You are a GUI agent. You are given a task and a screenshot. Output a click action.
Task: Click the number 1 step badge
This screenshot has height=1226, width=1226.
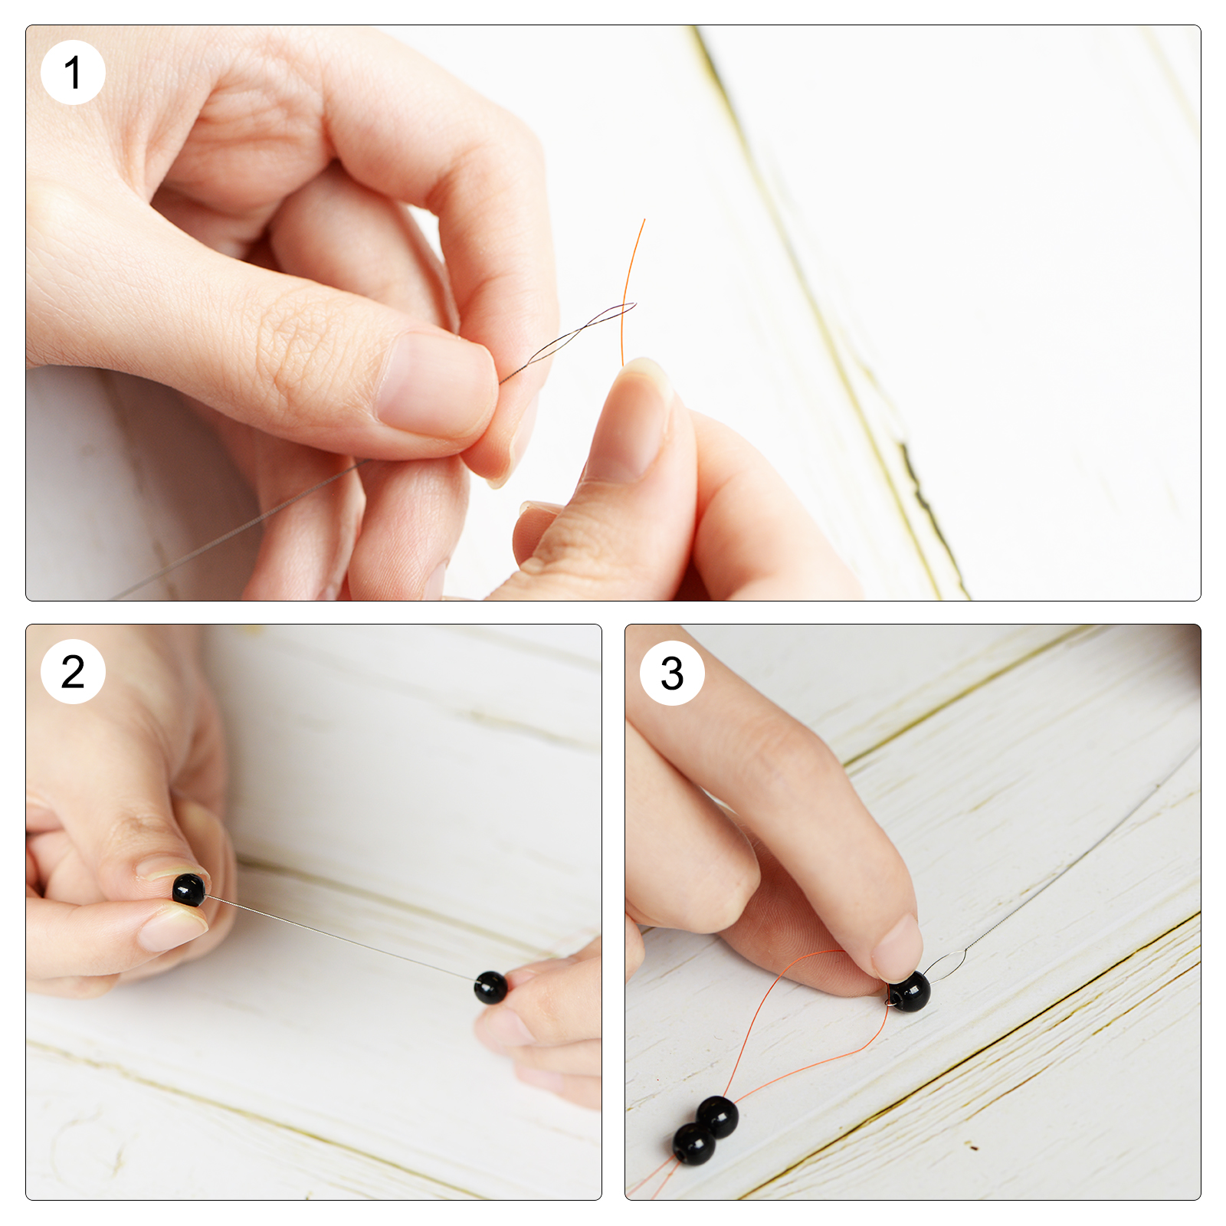[73, 73]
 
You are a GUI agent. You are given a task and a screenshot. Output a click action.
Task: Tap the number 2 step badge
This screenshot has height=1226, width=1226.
[73, 671]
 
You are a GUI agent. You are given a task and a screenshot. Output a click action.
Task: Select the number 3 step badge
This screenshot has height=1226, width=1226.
[672, 673]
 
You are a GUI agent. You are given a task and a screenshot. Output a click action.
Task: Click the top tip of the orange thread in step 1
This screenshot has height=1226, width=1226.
[644, 220]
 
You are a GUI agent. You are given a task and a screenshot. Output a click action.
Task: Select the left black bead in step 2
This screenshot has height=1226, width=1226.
[188, 890]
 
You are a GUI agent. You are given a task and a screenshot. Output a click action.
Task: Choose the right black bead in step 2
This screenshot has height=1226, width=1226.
[490, 987]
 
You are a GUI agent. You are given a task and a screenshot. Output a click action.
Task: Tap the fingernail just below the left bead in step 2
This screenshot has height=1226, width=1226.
[172, 929]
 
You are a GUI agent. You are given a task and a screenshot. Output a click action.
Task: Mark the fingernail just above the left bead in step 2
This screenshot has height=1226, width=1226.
[170, 867]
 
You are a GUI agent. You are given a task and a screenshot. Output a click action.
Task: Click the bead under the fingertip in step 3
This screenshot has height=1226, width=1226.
[910, 991]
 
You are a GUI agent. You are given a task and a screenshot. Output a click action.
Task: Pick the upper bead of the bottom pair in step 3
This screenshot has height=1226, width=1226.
[718, 1116]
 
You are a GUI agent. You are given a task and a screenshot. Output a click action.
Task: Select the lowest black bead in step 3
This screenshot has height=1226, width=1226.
[694, 1144]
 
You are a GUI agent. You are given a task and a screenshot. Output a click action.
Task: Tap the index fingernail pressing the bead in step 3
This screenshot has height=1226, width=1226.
[898, 949]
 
